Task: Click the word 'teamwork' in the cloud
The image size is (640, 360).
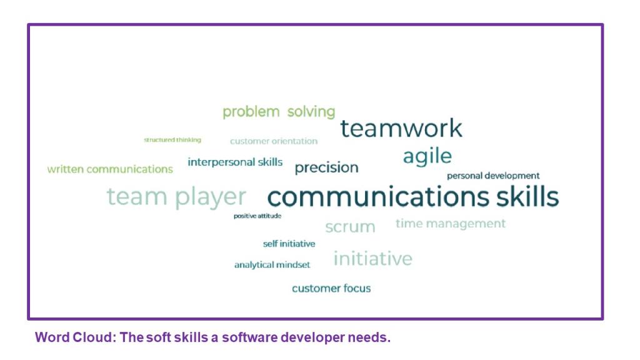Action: pyautogui.click(x=401, y=128)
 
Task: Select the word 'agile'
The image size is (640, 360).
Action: pyautogui.click(x=427, y=156)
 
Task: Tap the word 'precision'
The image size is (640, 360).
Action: pyautogui.click(x=326, y=167)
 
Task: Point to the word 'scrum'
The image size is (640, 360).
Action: pyautogui.click(x=350, y=227)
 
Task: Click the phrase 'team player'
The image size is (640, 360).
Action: pyautogui.click(x=176, y=197)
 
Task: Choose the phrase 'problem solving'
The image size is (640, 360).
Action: pyautogui.click(x=279, y=112)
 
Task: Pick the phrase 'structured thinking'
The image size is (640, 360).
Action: pyautogui.click(x=172, y=140)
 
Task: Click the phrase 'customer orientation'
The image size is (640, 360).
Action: pyautogui.click(x=274, y=141)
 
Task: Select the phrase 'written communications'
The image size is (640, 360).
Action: pyautogui.click(x=110, y=169)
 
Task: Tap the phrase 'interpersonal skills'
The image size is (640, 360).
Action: pyautogui.click(x=235, y=162)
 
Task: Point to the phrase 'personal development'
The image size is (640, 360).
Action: pyautogui.click(x=493, y=176)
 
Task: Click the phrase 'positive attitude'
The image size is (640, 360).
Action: pyautogui.click(x=257, y=216)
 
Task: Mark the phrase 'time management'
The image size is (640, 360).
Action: pyautogui.click(x=451, y=224)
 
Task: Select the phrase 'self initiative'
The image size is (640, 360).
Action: pyautogui.click(x=289, y=244)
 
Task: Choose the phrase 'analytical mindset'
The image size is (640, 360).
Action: pyautogui.click(x=272, y=265)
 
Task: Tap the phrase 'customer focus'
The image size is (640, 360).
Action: pyautogui.click(x=331, y=289)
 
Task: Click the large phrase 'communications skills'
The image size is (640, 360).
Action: pyautogui.click(x=413, y=196)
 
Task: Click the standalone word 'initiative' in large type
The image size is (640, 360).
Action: pyautogui.click(x=372, y=258)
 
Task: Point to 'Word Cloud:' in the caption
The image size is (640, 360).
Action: pyautogui.click(x=76, y=337)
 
